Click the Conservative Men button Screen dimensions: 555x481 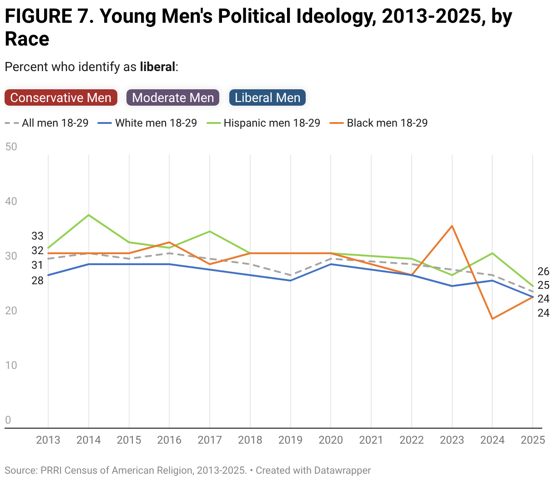click(x=61, y=97)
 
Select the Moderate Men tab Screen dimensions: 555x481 click(x=173, y=97)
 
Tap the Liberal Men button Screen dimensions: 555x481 click(x=267, y=97)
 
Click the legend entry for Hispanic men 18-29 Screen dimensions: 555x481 click(x=263, y=123)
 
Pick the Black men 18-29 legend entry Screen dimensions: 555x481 click(x=378, y=123)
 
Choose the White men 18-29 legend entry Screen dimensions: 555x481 click(x=147, y=123)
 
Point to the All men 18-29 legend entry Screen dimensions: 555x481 click(x=46, y=123)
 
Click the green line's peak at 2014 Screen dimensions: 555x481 click(x=89, y=215)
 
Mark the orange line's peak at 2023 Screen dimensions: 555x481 click(x=452, y=226)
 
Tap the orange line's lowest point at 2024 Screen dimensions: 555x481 click(x=492, y=319)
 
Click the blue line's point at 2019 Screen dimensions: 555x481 click(x=291, y=281)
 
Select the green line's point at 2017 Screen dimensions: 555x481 click(x=210, y=231)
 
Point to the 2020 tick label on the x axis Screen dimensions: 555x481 click(x=331, y=440)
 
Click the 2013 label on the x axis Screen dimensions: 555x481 click(x=48, y=440)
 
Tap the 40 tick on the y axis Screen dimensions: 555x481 click(x=11, y=201)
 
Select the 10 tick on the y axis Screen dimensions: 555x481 click(x=11, y=365)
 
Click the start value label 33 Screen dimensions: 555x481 click(x=37, y=236)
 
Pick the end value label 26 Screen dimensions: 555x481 click(x=544, y=271)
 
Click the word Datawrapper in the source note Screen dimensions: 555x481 click(x=343, y=470)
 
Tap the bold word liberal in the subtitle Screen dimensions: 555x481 click(x=157, y=67)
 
